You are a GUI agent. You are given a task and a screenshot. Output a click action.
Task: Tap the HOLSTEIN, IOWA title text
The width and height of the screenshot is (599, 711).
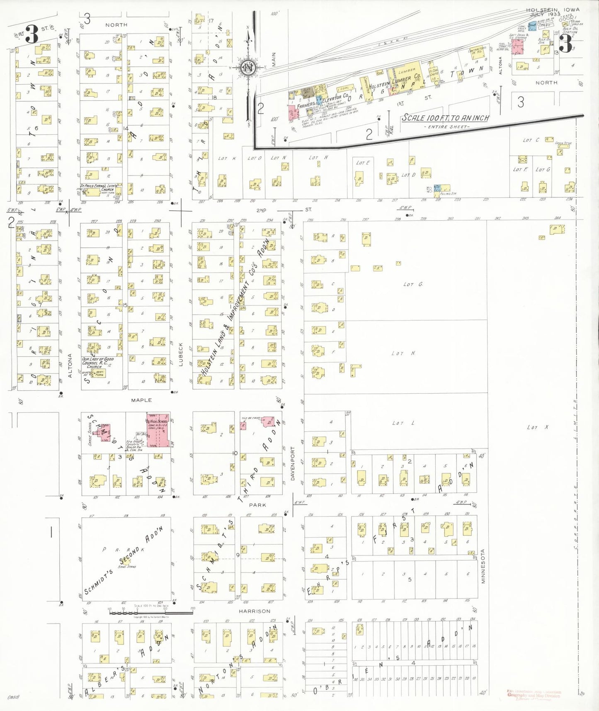point(553,10)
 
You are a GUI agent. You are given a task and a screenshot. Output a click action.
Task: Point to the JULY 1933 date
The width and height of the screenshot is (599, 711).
point(545,15)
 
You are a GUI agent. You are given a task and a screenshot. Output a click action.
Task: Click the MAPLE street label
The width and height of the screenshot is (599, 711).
point(141,400)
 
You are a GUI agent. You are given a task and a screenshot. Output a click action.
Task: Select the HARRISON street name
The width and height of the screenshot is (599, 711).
point(255,611)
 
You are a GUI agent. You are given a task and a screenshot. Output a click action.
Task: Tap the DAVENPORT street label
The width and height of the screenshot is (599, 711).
point(293,463)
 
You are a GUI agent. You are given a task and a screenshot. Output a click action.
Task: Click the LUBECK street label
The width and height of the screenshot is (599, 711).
point(181,354)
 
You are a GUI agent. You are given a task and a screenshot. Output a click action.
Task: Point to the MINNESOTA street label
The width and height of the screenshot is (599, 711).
point(483,566)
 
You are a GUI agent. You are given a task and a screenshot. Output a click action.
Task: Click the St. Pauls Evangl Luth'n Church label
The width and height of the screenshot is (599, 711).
point(99,187)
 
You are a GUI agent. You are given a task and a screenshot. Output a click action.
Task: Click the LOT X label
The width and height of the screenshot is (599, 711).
point(537,427)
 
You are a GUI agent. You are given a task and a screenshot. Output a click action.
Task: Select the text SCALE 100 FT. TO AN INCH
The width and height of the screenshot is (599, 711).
point(445,118)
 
